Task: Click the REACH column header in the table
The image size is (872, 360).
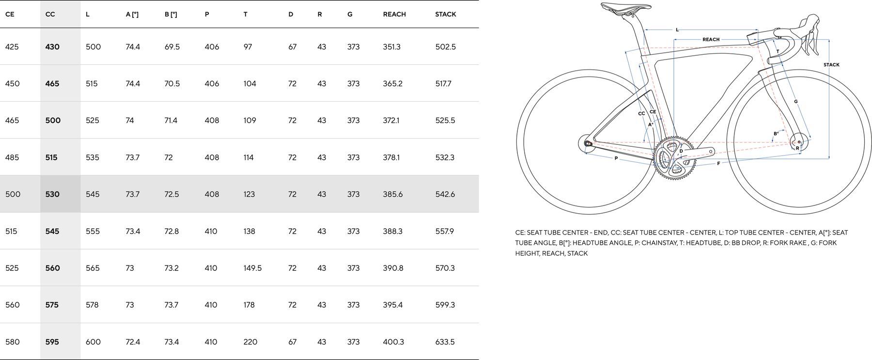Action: [x=394, y=14]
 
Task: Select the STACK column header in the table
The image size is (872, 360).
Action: [x=446, y=14]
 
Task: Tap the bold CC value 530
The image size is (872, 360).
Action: [x=52, y=194]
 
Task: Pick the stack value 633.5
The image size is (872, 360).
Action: [x=445, y=342]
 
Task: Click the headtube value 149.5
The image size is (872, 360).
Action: [x=252, y=268]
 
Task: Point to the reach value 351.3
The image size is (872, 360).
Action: [x=391, y=47]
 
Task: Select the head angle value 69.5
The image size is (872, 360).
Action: [x=172, y=47]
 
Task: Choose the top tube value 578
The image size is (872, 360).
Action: [x=92, y=305]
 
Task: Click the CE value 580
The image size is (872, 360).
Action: [x=13, y=342]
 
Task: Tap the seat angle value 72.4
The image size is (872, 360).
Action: [x=133, y=342]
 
